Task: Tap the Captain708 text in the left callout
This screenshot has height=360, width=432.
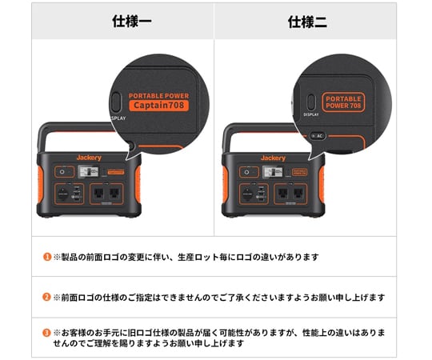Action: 161,105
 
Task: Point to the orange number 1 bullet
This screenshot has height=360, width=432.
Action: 47,257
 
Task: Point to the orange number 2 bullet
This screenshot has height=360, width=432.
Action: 47,297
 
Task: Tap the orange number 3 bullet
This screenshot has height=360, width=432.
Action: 47,331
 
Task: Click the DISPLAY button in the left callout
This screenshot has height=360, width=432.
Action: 118,102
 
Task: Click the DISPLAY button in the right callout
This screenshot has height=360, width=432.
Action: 310,102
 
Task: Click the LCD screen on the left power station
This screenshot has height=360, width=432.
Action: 90,171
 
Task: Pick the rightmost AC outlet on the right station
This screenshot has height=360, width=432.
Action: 298,193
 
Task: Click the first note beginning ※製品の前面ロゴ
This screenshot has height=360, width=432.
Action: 186,257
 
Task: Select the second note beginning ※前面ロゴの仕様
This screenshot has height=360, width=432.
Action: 218,297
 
